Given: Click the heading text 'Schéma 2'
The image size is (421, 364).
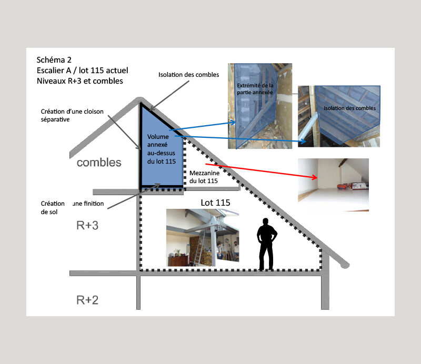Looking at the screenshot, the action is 54,59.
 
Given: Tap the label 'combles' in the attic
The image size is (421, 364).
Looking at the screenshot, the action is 99,163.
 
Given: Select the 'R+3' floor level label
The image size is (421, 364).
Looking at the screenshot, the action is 87,225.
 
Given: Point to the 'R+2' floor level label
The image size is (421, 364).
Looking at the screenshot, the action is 87,300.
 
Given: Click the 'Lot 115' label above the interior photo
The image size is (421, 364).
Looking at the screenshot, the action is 215,203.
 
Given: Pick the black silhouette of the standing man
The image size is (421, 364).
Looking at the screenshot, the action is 267,244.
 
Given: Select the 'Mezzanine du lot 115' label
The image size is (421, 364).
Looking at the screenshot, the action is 204,177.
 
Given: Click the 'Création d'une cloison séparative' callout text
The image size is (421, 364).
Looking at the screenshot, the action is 72,115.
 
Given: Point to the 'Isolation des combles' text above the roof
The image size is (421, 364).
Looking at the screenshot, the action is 188,75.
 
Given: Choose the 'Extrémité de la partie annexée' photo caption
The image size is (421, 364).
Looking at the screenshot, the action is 255,89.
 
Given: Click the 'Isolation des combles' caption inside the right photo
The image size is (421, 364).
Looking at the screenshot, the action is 349,108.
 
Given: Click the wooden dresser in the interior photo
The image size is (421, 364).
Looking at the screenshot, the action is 178,260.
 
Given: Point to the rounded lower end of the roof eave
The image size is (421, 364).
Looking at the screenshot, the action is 345,265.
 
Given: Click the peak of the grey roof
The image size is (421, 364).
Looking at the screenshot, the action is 139,99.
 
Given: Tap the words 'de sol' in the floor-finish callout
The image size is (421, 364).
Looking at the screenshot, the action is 49,212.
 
